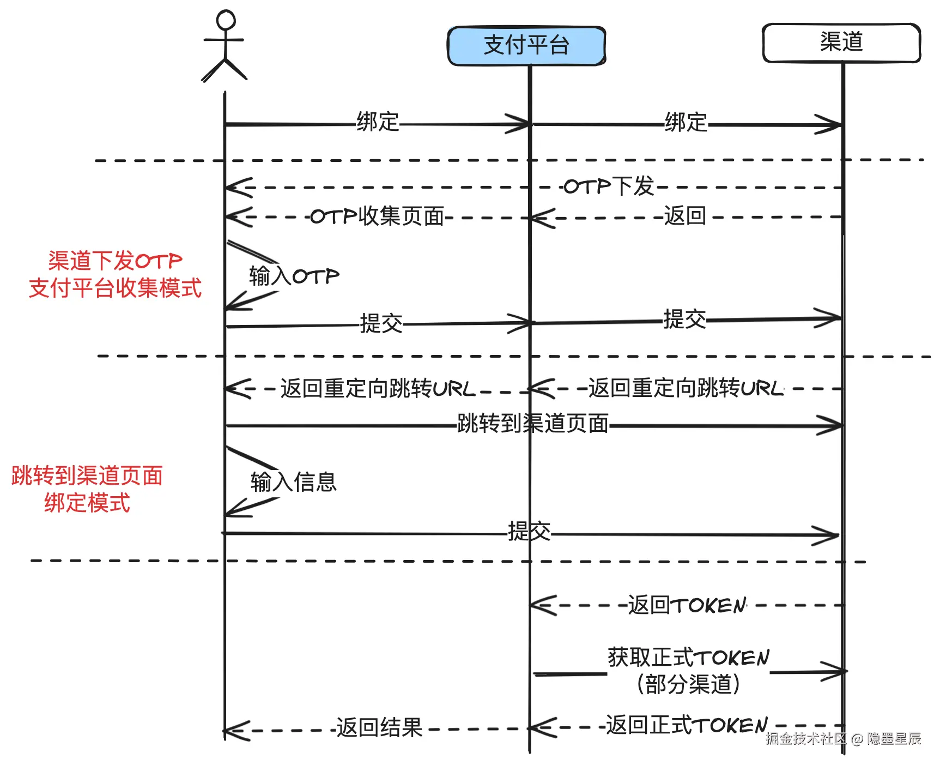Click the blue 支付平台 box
click(526, 46)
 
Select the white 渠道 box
click(841, 43)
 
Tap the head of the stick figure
click(226, 20)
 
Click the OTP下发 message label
click(609, 186)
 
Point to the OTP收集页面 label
click(377, 216)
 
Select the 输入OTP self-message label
click(294, 276)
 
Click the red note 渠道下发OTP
click(115, 261)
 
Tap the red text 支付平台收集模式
click(115, 288)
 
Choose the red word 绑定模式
click(87, 503)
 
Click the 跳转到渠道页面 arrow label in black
click(533, 423)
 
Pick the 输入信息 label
click(294, 482)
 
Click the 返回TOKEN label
click(687, 605)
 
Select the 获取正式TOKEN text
click(689, 657)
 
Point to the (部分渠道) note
click(688, 684)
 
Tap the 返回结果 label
click(379, 728)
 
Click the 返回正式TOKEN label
click(687, 725)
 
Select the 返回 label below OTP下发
click(685, 216)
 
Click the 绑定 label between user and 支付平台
click(378, 122)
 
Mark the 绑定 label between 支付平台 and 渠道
click(686, 122)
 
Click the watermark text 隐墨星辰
click(894, 739)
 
